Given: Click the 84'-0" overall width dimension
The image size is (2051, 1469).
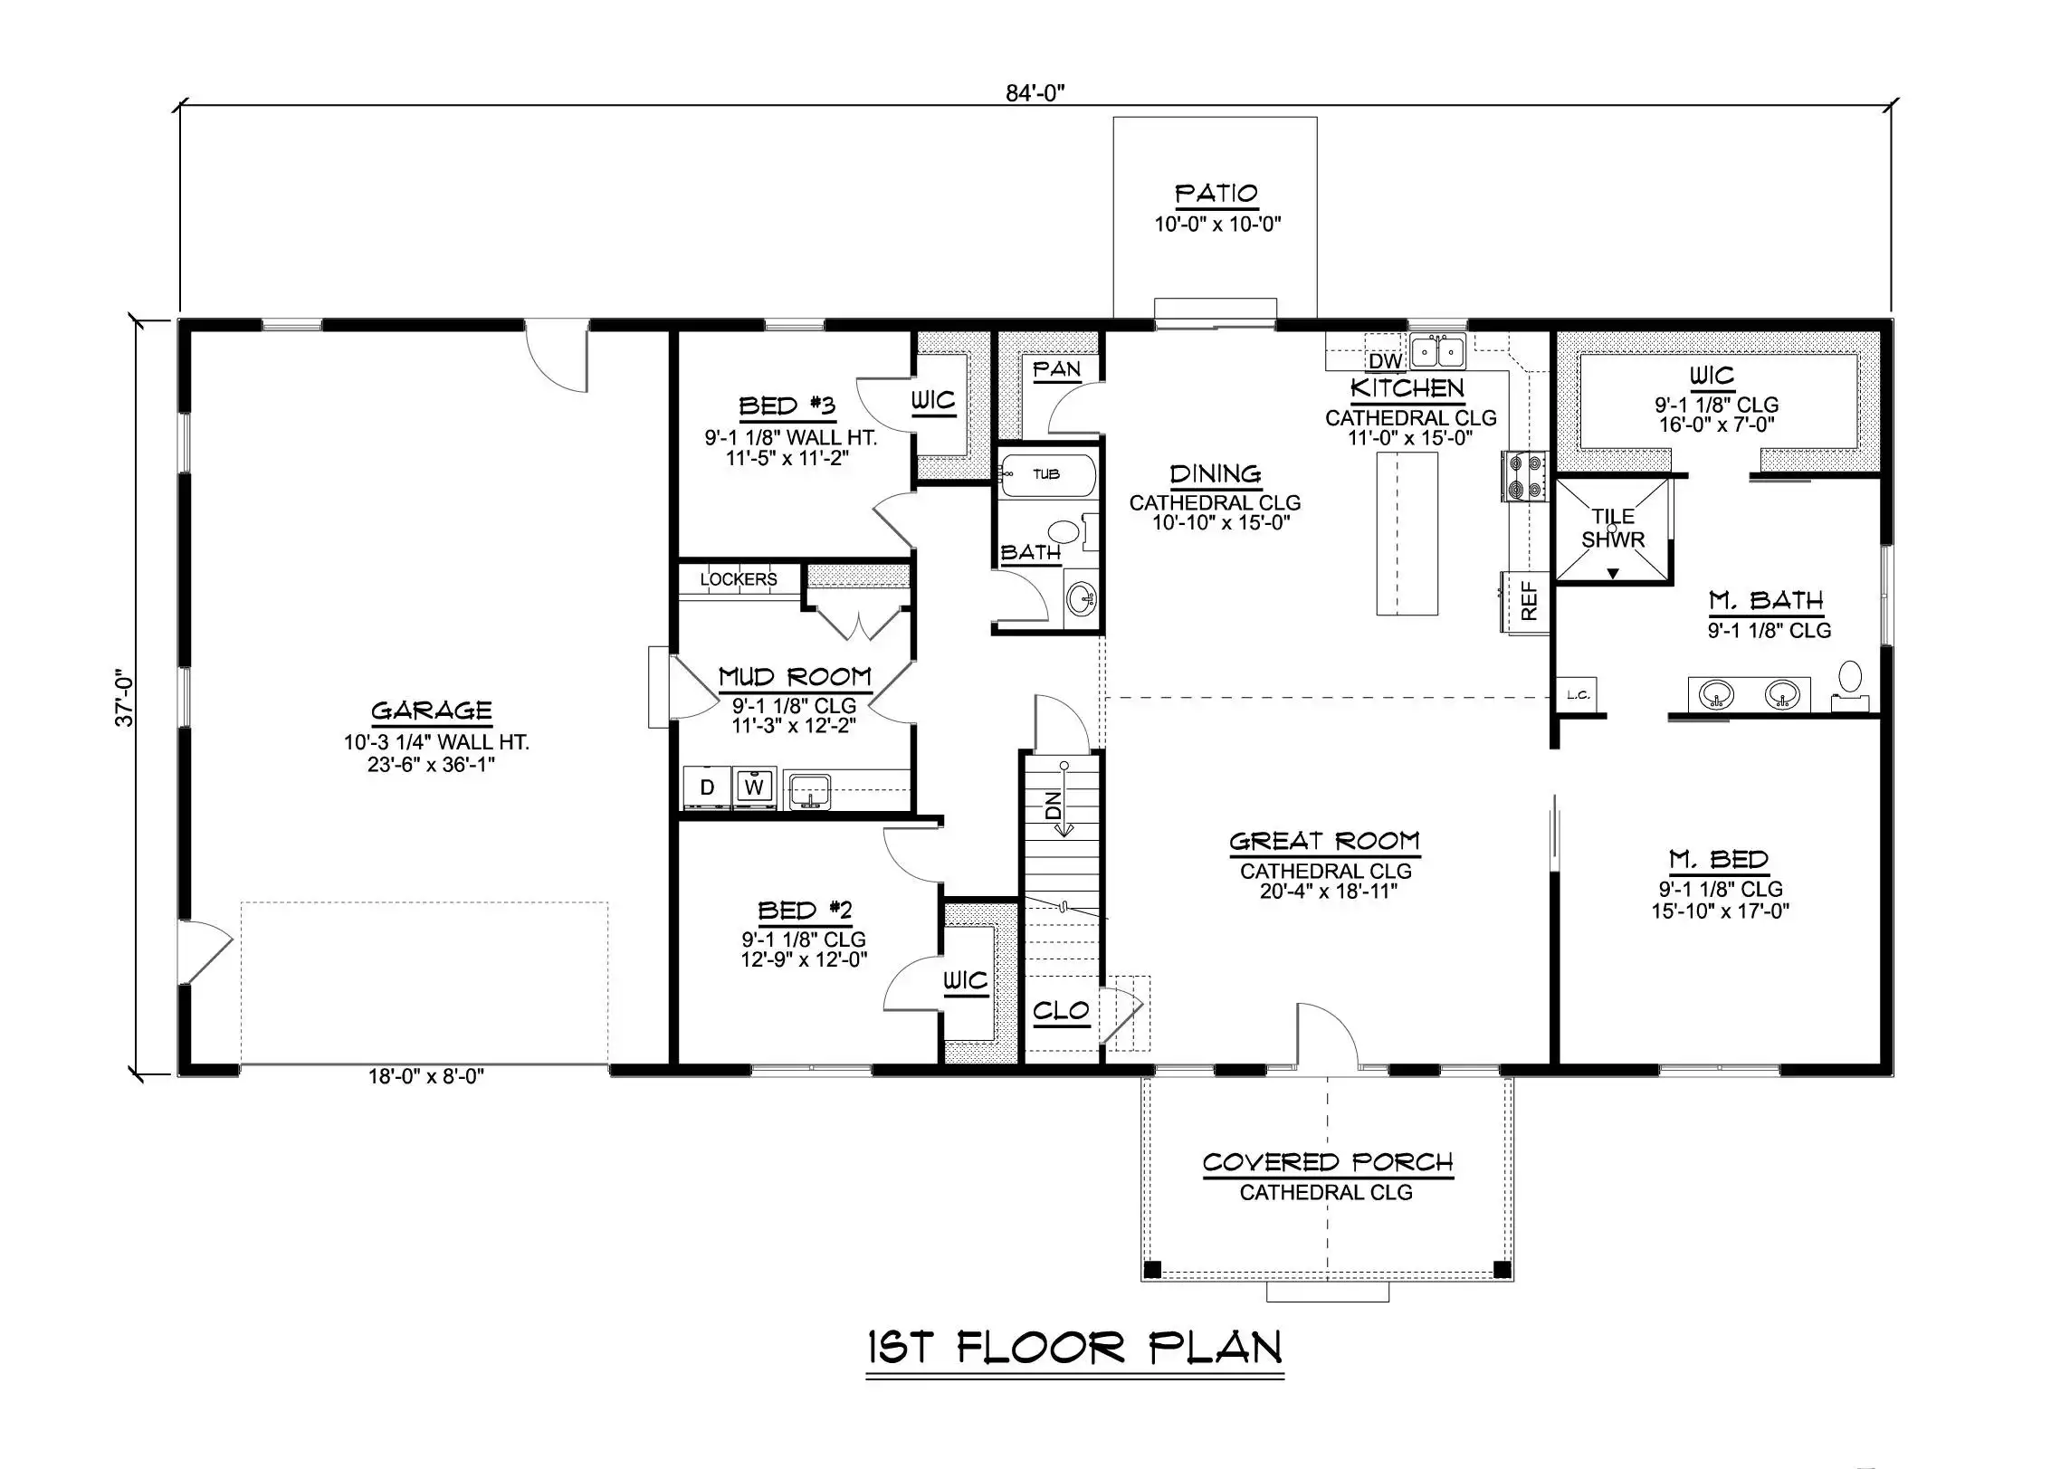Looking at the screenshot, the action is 1035,93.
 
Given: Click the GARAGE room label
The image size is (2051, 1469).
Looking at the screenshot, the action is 431,711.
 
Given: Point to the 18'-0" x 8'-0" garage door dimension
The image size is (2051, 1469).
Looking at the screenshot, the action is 426,1076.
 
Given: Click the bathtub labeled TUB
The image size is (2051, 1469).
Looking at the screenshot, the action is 1047,474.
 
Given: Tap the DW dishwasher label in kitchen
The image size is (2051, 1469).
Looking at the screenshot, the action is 1385,361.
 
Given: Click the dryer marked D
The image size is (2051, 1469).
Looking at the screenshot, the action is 707,787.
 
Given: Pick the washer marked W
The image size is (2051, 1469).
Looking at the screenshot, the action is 754,787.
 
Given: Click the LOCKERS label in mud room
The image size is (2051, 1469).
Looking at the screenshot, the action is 739,579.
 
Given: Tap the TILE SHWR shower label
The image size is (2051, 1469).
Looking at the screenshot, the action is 1613,529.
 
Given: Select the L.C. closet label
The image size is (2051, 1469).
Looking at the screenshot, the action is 1578,695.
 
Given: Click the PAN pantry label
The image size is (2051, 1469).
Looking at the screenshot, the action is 1056,369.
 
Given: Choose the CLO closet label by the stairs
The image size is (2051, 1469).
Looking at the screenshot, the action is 1061,1010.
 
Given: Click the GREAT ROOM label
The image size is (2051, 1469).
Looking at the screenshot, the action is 1324,842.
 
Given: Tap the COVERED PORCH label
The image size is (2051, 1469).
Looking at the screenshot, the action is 1328,1162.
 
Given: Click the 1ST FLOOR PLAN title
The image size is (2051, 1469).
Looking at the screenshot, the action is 1074,1349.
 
